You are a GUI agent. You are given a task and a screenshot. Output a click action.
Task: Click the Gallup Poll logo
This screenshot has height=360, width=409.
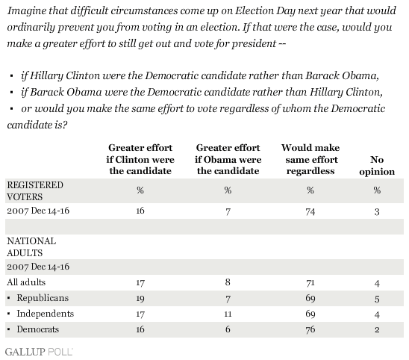pyautogui.click(x=39, y=352)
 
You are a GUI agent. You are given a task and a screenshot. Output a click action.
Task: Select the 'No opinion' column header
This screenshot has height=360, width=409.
pyautogui.click(x=377, y=166)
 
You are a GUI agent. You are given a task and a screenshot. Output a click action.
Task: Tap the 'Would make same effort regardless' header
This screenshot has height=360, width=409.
pyautogui.click(x=310, y=159)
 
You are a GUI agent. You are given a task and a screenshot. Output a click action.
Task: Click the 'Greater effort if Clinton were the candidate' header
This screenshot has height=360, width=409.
pyautogui.click(x=140, y=159)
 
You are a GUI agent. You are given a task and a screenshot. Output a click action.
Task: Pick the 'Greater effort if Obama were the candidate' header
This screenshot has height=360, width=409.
pyautogui.click(x=228, y=159)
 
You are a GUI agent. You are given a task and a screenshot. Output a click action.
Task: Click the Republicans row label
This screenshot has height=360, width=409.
pyautogui.click(x=43, y=298)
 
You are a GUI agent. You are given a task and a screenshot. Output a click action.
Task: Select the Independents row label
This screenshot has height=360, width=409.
pyautogui.click(x=46, y=314)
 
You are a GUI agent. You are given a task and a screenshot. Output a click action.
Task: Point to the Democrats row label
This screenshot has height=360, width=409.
pyautogui.click(x=38, y=329)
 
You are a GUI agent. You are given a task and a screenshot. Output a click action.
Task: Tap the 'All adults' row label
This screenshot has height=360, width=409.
pyautogui.click(x=26, y=282)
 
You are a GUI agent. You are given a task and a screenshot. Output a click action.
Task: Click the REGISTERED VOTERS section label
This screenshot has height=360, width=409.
pyautogui.click(x=35, y=191)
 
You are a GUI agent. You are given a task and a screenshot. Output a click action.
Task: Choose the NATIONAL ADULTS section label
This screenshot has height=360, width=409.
pyautogui.click(x=31, y=247)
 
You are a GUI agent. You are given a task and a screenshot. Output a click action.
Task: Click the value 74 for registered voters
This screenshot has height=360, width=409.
pyautogui.click(x=310, y=211)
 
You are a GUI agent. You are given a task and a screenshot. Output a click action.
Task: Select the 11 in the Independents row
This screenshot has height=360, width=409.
pyautogui.click(x=228, y=314)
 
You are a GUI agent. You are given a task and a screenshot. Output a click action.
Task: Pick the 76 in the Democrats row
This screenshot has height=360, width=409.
pyautogui.click(x=310, y=329)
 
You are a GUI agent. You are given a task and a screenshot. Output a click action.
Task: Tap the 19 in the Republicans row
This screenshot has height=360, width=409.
pyautogui.click(x=140, y=298)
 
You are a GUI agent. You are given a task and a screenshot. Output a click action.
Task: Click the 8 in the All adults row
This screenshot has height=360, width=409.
pyautogui.click(x=228, y=282)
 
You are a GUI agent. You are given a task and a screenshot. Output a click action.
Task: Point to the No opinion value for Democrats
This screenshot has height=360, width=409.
pyautogui.click(x=377, y=329)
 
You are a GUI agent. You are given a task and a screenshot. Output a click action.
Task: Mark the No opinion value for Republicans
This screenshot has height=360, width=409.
pyautogui.click(x=377, y=299)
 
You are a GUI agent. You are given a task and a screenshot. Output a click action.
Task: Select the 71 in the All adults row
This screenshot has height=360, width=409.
pyautogui.click(x=310, y=282)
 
